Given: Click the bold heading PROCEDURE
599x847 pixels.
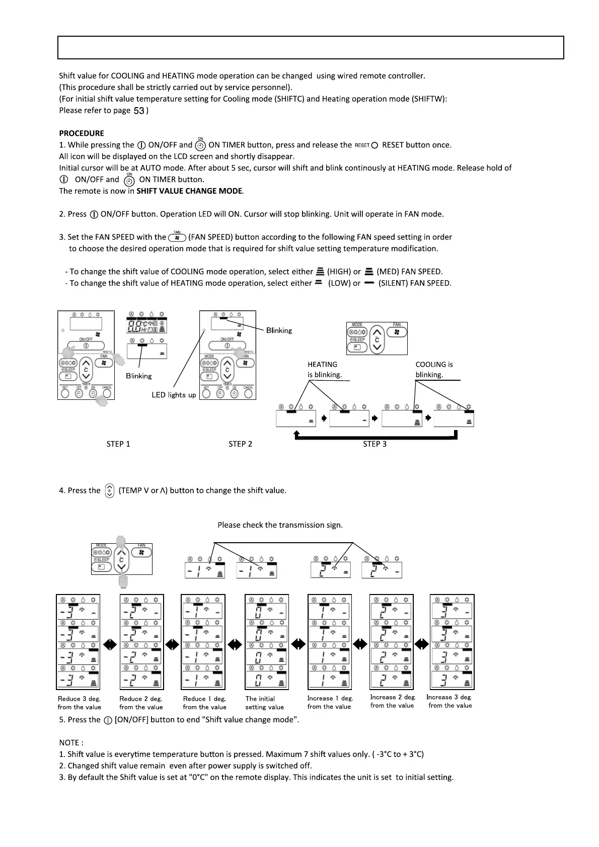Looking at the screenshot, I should pyautogui.click(x=82, y=133).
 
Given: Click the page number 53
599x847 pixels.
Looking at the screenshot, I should pyautogui.click(x=139, y=111).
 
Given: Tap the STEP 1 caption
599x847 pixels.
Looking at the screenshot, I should pyautogui.click(x=118, y=444).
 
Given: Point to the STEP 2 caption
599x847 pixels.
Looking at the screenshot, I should pyautogui.click(x=240, y=444).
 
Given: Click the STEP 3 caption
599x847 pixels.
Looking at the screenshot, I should pyautogui.click(x=375, y=444).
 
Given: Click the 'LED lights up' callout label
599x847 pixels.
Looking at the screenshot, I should pyautogui.click(x=174, y=395).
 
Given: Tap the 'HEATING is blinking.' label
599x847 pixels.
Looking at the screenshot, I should pyautogui.click(x=325, y=370).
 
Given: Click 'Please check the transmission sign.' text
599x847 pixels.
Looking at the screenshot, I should pyautogui.click(x=280, y=525).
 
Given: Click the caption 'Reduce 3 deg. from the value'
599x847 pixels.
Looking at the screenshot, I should pyautogui.click(x=80, y=703).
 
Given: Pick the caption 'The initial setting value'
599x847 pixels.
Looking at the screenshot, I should pyautogui.click(x=264, y=703).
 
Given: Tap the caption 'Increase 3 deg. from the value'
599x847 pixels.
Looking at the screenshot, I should pyautogui.click(x=450, y=701).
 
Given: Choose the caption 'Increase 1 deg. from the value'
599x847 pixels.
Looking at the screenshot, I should pyautogui.click(x=330, y=702).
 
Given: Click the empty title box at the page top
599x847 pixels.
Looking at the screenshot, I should pyautogui.click(x=311, y=48).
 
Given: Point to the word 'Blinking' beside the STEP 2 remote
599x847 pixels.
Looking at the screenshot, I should pyautogui.click(x=279, y=330).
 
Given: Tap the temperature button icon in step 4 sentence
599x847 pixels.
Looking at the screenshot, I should pyautogui.click(x=109, y=490).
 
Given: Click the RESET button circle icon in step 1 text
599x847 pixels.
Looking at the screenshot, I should pyautogui.click(x=374, y=145).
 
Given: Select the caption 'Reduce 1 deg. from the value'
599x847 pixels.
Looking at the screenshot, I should pyautogui.click(x=204, y=703).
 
